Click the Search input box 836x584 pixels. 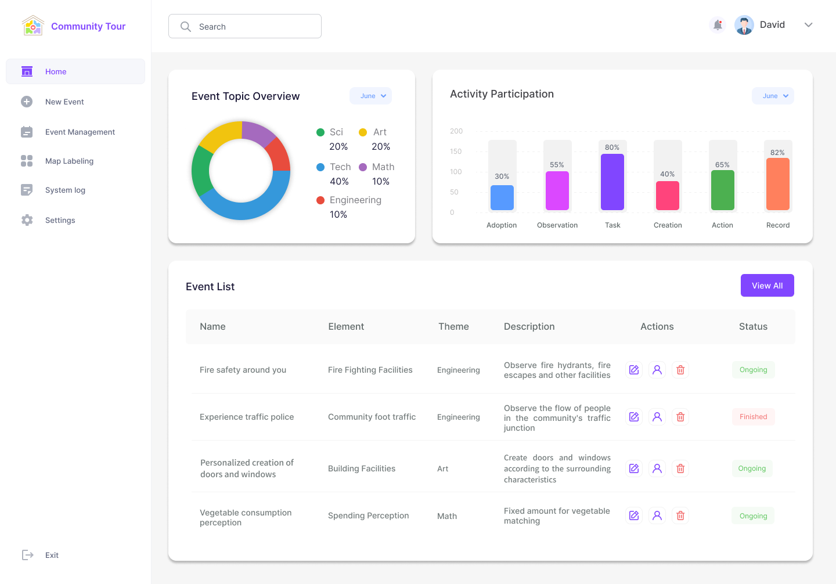point(245,27)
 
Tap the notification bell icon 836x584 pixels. point(718,25)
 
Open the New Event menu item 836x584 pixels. point(64,102)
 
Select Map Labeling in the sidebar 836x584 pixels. point(69,161)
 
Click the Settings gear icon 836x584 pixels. point(27,220)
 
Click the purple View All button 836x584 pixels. point(767,286)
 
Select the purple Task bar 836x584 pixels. point(612,182)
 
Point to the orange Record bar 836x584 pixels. point(777,184)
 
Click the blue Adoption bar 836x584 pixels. point(502,197)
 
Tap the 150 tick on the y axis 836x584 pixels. point(456,152)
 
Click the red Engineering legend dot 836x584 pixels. point(320,200)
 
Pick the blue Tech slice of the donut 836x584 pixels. point(244,208)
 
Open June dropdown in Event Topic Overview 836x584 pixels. point(370,96)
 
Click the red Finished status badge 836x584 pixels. point(753,417)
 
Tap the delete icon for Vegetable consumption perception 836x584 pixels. point(680,515)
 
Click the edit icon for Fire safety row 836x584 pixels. point(634,370)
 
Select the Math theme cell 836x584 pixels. point(447,516)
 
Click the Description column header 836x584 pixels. point(529,327)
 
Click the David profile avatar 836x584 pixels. point(744,25)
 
